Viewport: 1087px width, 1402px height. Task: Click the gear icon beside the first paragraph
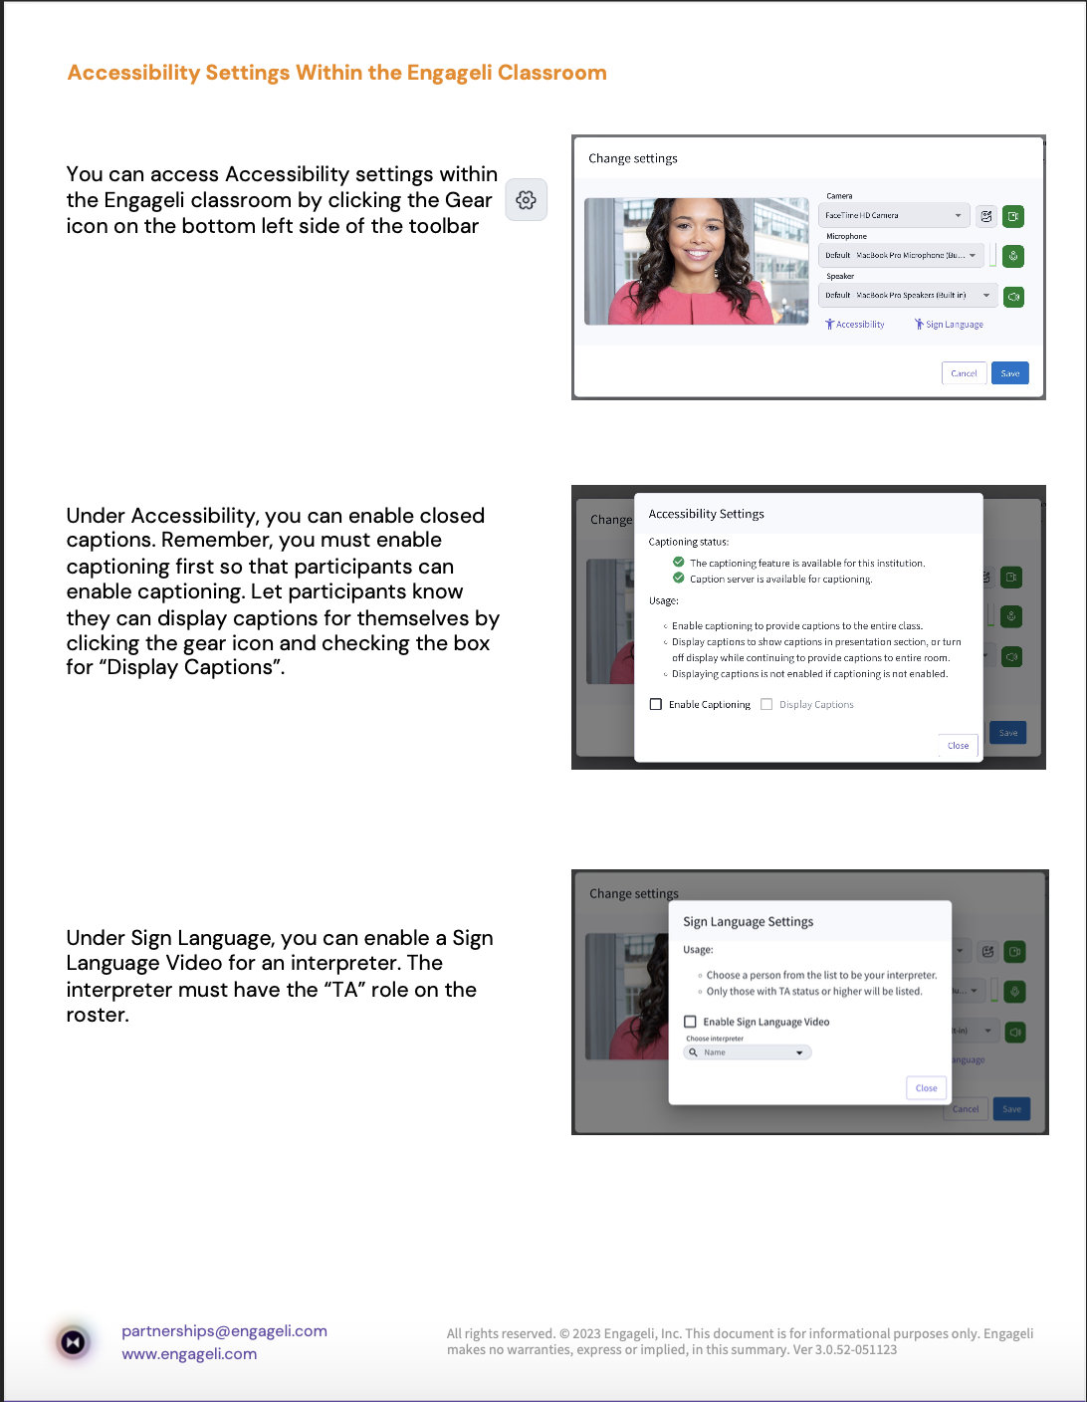coord(527,200)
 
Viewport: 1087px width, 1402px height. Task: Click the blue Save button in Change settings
coord(1009,373)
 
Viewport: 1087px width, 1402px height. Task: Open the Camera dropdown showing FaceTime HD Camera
coord(892,215)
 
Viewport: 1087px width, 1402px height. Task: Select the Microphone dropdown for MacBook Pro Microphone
coord(900,255)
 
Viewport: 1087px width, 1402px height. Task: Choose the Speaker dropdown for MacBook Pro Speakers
coord(907,295)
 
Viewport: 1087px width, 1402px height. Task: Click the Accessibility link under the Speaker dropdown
coord(855,325)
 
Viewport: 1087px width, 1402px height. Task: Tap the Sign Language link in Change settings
coord(950,325)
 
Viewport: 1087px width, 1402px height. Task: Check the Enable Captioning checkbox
coord(656,704)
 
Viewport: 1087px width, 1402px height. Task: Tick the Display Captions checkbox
coord(766,704)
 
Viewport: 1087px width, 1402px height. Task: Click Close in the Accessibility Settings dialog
coord(958,745)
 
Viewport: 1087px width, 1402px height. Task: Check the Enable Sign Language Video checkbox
coord(690,1022)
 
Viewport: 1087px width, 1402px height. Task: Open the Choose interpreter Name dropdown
coord(748,1052)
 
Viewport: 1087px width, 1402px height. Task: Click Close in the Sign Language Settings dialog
coord(926,1087)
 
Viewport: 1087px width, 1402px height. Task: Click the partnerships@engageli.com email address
coord(224,1331)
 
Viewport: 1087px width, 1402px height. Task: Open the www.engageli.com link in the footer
coord(189,1354)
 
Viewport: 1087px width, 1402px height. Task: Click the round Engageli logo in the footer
coord(74,1342)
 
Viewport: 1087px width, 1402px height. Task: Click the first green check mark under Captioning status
coord(679,563)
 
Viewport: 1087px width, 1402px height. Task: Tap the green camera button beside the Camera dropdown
coord(1013,216)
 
